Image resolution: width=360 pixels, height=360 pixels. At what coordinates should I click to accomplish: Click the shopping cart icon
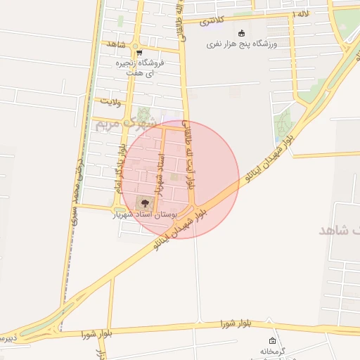pos(139,53)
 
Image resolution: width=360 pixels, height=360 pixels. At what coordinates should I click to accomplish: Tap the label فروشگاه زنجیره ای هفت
pos(141,67)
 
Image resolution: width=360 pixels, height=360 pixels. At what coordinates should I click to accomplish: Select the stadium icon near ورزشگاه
pos(242,33)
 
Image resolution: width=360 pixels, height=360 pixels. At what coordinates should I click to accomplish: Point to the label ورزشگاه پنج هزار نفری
pos(242,44)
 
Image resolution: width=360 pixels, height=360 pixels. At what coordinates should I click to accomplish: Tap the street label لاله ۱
pos(302,14)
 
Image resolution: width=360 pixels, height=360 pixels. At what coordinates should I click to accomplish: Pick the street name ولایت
pos(111,102)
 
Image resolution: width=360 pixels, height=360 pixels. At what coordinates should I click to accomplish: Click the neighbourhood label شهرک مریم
pos(112,125)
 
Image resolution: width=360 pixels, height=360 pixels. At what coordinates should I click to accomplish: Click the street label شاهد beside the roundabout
pos(116,44)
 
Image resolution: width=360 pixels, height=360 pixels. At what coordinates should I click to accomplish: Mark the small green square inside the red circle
pos(174,177)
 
